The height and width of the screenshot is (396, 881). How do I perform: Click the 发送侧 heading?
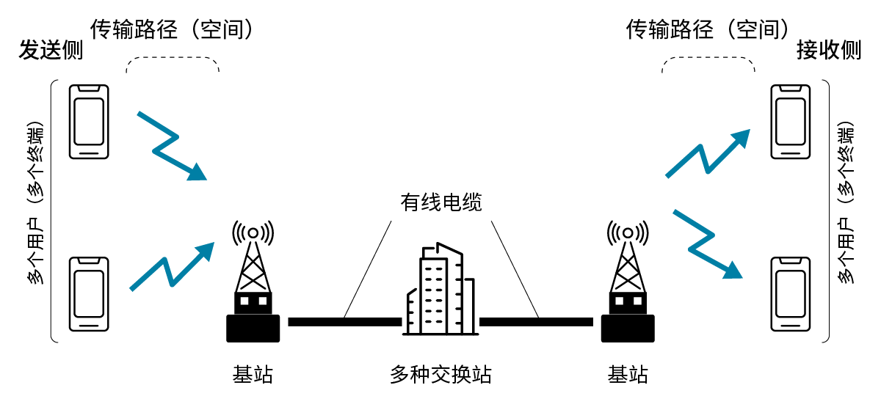50,51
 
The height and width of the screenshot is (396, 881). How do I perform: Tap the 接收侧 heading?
828,51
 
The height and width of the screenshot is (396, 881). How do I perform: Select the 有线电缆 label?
440,202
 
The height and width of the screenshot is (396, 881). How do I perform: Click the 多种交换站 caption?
440,375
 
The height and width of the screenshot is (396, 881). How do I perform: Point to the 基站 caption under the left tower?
253,375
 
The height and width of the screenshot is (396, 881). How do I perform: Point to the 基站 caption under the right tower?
628,375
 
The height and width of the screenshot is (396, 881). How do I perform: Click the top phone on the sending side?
89,122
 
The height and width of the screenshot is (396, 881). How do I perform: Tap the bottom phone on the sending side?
89,294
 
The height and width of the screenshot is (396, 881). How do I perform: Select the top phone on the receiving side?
791,122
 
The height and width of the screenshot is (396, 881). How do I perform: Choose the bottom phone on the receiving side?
791,294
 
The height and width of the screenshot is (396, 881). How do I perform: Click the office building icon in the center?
440,290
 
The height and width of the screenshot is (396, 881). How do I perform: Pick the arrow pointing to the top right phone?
707,153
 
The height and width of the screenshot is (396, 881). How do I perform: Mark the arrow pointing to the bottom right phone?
707,244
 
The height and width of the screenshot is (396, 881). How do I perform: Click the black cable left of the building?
344,322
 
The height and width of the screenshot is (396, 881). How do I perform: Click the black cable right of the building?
536,322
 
